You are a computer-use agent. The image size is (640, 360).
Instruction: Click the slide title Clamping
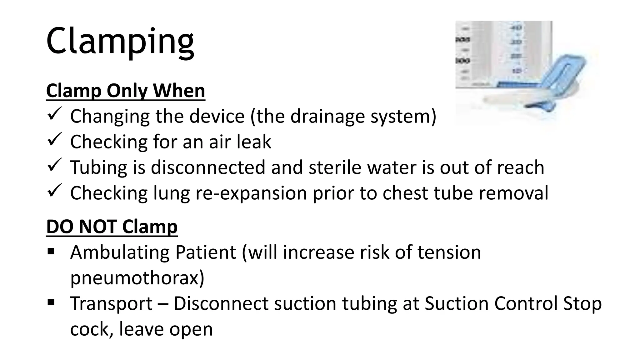(120, 42)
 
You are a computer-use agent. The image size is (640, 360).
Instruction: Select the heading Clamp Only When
(126, 91)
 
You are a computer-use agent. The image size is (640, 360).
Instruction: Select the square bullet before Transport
(51, 302)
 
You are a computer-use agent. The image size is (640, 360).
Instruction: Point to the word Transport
(111, 303)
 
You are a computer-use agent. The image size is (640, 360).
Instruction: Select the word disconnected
(208, 167)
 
